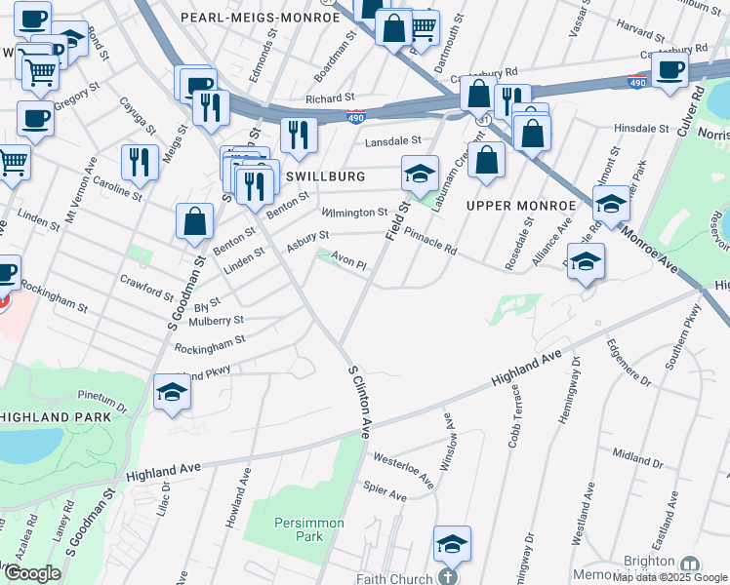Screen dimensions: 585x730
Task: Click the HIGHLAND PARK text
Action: coord(49,416)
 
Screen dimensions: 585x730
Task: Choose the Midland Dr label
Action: coord(637,454)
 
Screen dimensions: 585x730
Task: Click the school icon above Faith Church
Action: coord(452,544)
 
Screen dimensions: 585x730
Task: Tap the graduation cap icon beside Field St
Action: coord(420,175)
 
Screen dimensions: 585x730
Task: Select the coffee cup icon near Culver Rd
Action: coord(670,69)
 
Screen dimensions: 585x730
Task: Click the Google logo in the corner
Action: coord(31,573)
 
